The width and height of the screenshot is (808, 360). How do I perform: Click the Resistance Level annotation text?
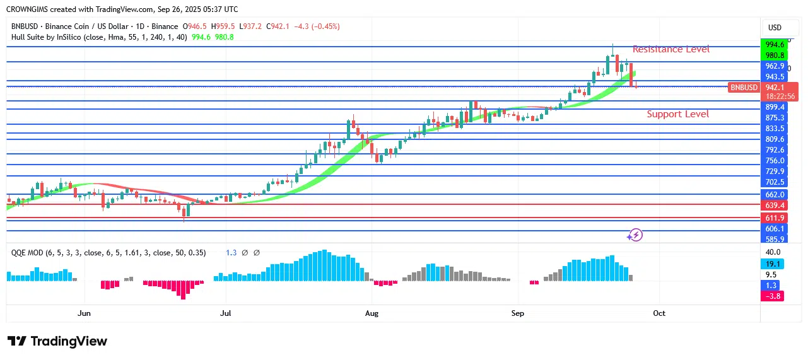tap(670, 49)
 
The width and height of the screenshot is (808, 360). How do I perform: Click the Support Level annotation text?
tap(677, 114)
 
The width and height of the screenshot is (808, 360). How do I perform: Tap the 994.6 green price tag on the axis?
tap(774, 45)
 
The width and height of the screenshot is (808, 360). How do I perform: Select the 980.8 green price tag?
tap(774, 55)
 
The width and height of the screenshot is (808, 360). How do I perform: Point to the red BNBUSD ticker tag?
tap(744, 88)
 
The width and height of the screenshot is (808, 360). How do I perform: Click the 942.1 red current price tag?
tap(774, 88)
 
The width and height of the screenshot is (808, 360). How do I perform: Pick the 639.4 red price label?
tap(774, 206)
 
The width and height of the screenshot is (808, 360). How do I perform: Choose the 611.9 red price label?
tap(774, 218)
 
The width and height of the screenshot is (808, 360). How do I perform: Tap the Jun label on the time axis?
tap(84, 313)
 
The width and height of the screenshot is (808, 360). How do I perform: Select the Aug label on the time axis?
tap(372, 313)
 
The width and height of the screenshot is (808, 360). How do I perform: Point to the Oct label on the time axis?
tap(659, 313)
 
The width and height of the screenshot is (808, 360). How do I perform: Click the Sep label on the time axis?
tap(518, 313)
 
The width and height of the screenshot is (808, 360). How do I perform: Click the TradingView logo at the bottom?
tap(57, 341)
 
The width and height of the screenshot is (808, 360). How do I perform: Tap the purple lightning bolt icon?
tap(635, 235)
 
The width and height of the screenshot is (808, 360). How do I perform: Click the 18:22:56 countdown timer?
tap(780, 96)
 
